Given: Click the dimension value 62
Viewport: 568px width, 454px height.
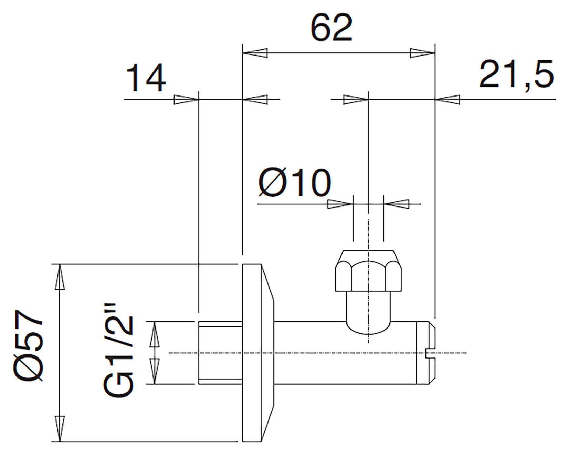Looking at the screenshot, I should click(x=332, y=28).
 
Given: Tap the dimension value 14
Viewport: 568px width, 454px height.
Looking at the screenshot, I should click(x=146, y=80).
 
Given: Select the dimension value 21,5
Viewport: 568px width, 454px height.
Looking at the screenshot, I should click(x=516, y=74).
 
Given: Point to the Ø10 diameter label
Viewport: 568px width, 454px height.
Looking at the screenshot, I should click(x=295, y=183).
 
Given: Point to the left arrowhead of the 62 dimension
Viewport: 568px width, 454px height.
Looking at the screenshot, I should click(x=255, y=53).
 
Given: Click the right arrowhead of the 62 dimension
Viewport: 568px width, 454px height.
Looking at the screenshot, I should click(x=423, y=53).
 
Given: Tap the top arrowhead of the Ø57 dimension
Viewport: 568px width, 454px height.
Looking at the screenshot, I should click(x=60, y=277).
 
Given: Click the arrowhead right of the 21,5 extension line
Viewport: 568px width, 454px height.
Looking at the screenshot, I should click(x=448, y=100).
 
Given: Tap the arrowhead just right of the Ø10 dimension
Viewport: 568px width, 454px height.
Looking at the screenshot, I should click(x=396, y=204).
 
